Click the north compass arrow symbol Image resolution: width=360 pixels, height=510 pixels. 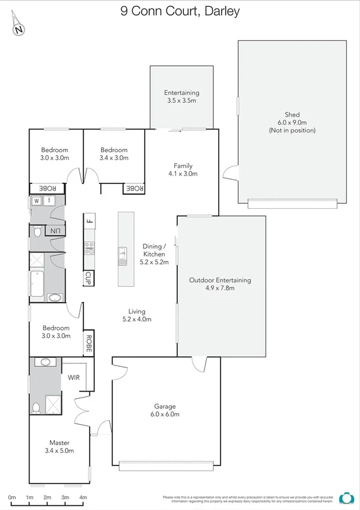[x=19, y=26]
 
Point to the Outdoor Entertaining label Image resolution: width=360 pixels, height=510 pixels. [x=220, y=284]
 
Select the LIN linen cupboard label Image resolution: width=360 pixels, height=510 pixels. [x=55, y=231]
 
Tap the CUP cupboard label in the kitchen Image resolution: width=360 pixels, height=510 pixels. [x=88, y=278]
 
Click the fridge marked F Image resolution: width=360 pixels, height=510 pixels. [x=89, y=220]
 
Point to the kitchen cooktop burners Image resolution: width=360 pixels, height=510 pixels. [x=89, y=248]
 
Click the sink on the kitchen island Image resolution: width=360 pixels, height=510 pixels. [x=123, y=255]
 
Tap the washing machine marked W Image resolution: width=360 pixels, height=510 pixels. [x=36, y=201]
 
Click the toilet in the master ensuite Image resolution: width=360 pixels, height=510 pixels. [x=35, y=408]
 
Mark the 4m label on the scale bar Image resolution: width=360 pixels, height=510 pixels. [x=83, y=497]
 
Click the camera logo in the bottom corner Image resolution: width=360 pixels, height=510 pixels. [x=346, y=498]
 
